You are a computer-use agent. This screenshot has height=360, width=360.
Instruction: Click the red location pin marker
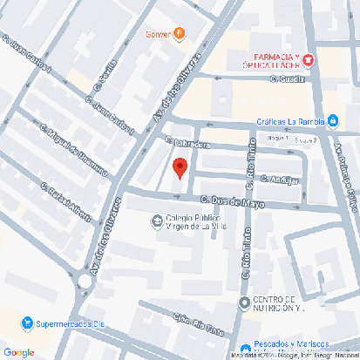180,167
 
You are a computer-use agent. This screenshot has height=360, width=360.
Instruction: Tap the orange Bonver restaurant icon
179,34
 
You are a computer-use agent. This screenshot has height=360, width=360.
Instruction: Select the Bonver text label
157,35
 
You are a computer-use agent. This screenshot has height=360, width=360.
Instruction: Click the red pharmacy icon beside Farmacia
309,59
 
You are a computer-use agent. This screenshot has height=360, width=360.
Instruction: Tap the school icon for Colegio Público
157,220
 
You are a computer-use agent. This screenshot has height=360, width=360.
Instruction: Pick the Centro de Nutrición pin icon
245,302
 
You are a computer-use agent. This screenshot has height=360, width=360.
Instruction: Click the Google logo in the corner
19,351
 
